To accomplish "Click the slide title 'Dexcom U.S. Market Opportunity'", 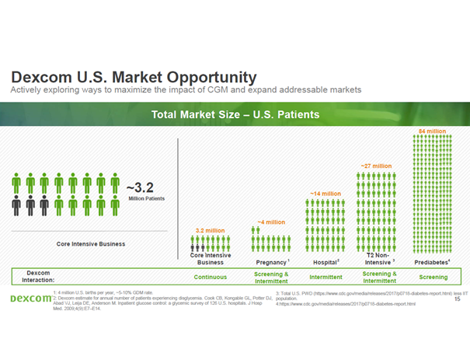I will (133, 77).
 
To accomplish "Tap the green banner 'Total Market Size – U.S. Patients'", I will (235, 114).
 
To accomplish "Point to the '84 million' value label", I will (432, 131).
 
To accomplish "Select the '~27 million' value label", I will (376, 166).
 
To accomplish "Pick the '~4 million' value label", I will (271, 222).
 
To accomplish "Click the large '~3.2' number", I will (145, 187).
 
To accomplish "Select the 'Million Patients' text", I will (147, 199).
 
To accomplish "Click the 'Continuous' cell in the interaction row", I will (210, 276).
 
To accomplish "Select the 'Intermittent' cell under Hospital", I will (326, 276).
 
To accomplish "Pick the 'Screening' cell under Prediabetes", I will (433, 276).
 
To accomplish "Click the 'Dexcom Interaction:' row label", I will (38, 276).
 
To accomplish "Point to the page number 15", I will (456, 298).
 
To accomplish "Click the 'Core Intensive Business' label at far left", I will (91, 243).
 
